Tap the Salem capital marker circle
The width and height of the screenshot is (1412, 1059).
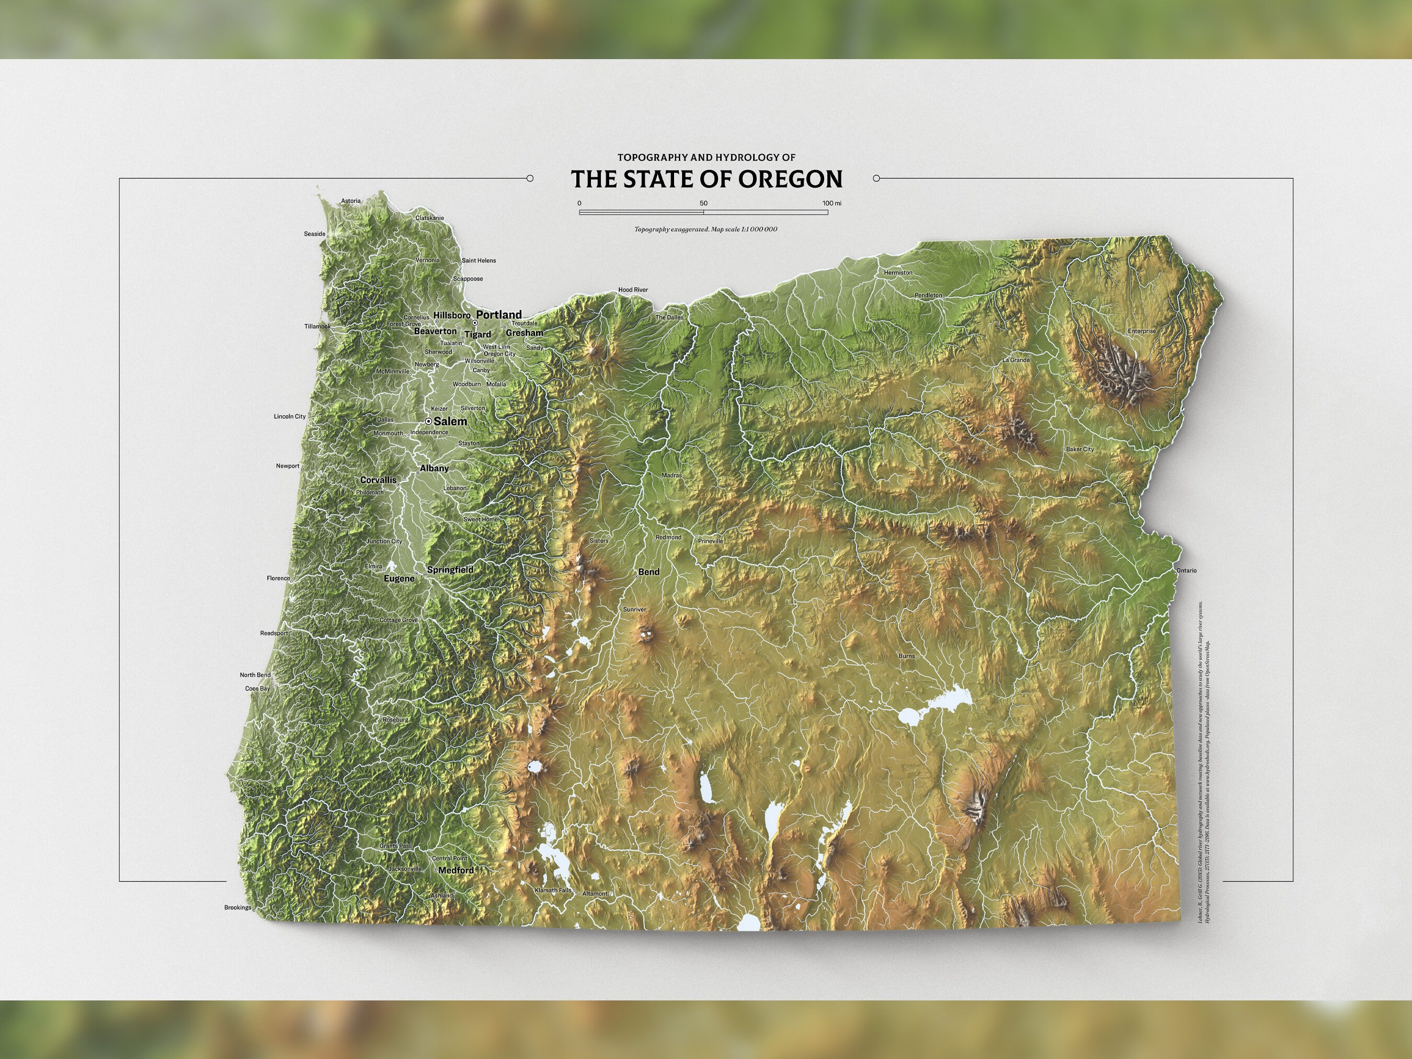[x=429, y=422]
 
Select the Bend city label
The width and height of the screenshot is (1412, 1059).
[x=648, y=572]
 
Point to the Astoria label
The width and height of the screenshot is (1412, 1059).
[x=350, y=201]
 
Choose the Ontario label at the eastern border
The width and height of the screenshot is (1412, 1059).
[x=1186, y=571]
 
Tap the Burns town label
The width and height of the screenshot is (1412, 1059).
[x=906, y=656]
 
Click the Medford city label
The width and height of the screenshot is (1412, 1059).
[x=456, y=870]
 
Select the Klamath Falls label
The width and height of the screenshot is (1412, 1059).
[x=553, y=891]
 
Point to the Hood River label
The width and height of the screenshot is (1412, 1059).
[x=633, y=290]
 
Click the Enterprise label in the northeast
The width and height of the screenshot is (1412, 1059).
[x=1141, y=331]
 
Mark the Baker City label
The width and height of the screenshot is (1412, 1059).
[x=1079, y=449]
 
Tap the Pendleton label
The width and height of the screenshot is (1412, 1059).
[x=928, y=295]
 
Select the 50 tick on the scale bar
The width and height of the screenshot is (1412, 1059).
[x=703, y=203]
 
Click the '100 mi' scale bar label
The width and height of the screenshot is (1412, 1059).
[x=831, y=203]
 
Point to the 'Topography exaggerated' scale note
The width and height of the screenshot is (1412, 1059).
[x=705, y=229]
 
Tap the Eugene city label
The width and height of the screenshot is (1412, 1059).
[x=399, y=579]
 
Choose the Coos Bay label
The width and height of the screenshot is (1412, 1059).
[x=257, y=689]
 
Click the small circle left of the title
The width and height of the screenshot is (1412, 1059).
[x=530, y=179]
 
